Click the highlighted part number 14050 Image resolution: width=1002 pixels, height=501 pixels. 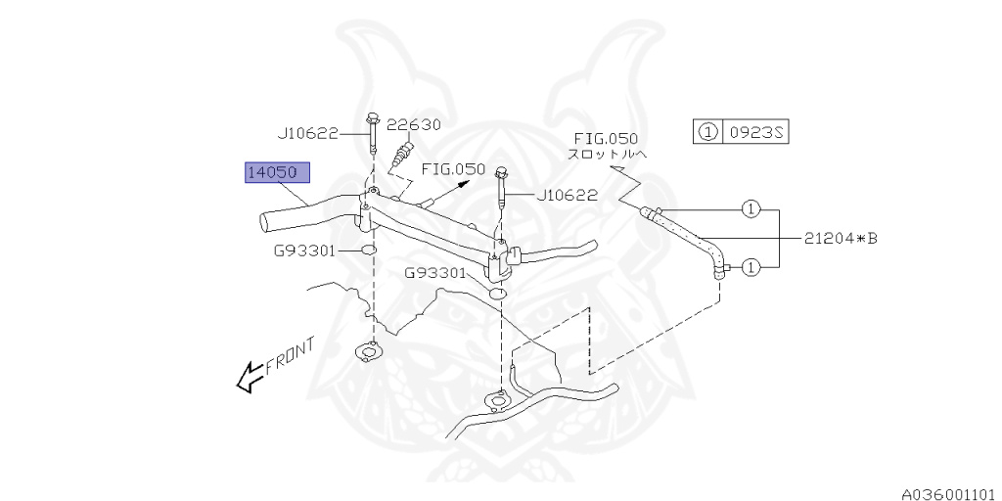277,173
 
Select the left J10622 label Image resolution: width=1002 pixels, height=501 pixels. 306,134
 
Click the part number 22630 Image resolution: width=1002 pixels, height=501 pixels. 413,124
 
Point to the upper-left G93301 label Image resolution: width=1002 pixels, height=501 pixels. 304,250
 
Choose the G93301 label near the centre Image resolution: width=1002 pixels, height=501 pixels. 435,273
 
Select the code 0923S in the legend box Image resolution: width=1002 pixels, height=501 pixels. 755,132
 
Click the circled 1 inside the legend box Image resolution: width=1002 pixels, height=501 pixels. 707,132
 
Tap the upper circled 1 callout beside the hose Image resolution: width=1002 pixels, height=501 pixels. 750,208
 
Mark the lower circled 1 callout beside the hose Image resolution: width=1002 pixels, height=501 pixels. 750,265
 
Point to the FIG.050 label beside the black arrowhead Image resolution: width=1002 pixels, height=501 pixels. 453,169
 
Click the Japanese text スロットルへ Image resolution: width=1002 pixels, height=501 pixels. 607,155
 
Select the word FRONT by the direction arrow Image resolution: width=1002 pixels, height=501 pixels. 290,354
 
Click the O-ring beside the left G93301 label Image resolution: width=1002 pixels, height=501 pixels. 369,251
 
